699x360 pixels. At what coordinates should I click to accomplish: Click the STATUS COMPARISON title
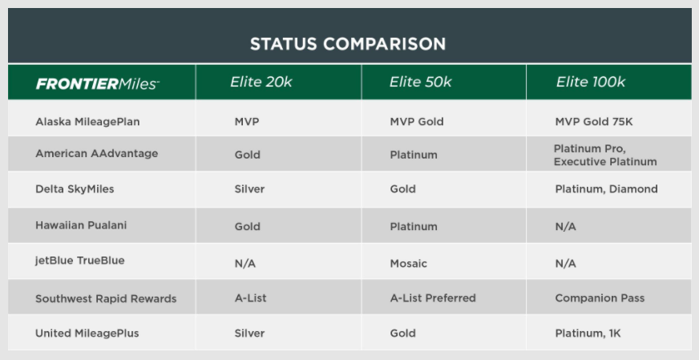tap(348, 44)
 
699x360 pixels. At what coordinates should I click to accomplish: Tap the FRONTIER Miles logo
tap(98, 83)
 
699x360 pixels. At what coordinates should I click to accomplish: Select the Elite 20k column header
tap(261, 82)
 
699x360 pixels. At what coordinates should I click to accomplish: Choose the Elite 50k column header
tap(420, 82)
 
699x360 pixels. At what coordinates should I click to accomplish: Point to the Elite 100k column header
tap(591, 82)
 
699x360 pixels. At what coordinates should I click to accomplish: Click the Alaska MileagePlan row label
tap(87, 122)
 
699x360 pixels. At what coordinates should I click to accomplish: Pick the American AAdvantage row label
tap(97, 153)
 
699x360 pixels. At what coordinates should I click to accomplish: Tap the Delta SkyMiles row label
tap(75, 189)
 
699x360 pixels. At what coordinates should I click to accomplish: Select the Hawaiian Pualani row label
tap(81, 224)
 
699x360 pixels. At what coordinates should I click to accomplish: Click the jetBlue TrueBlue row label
tap(80, 261)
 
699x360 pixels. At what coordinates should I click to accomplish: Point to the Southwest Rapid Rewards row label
tap(106, 298)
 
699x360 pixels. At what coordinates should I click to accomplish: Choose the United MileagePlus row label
tap(87, 334)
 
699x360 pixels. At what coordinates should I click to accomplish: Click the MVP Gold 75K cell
tap(594, 122)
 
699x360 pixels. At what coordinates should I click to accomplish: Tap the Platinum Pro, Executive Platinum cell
tap(605, 156)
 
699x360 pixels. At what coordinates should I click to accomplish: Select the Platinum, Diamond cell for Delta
tap(606, 189)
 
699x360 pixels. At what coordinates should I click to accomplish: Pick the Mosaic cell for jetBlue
tap(408, 264)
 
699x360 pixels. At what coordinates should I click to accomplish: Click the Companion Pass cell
tap(600, 298)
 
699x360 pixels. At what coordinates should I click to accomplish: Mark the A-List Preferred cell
tap(433, 298)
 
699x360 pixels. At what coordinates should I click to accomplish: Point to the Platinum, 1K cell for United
tap(588, 334)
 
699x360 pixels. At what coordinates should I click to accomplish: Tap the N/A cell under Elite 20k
tap(245, 264)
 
